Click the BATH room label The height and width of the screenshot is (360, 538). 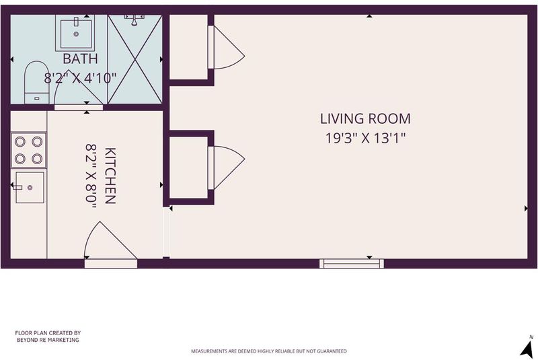click(x=80, y=59)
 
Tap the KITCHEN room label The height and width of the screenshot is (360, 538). click(x=110, y=176)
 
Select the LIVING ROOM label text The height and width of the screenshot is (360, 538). click(x=365, y=118)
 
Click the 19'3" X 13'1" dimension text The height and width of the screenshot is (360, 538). click(x=365, y=138)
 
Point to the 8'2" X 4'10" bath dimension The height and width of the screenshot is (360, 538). click(x=80, y=78)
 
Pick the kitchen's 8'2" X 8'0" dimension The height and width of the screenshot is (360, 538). click(x=91, y=176)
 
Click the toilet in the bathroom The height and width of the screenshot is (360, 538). click(x=37, y=82)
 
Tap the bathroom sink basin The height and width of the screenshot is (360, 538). click(x=76, y=33)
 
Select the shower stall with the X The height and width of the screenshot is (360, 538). click(x=135, y=59)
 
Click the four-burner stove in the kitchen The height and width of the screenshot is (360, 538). click(x=28, y=150)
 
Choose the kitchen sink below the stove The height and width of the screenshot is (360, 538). click(x=30, y=187)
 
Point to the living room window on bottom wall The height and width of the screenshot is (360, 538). click(x=352, y=264)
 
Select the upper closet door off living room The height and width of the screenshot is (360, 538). click(x=227, y=47)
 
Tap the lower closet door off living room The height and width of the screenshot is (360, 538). click(x=227, y=168)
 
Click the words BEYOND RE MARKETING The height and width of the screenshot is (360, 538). click(x=48, y=340)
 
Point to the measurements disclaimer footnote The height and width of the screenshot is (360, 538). click(x=268, y=351)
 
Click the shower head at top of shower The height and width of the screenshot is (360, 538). click(x=134, y=20)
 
